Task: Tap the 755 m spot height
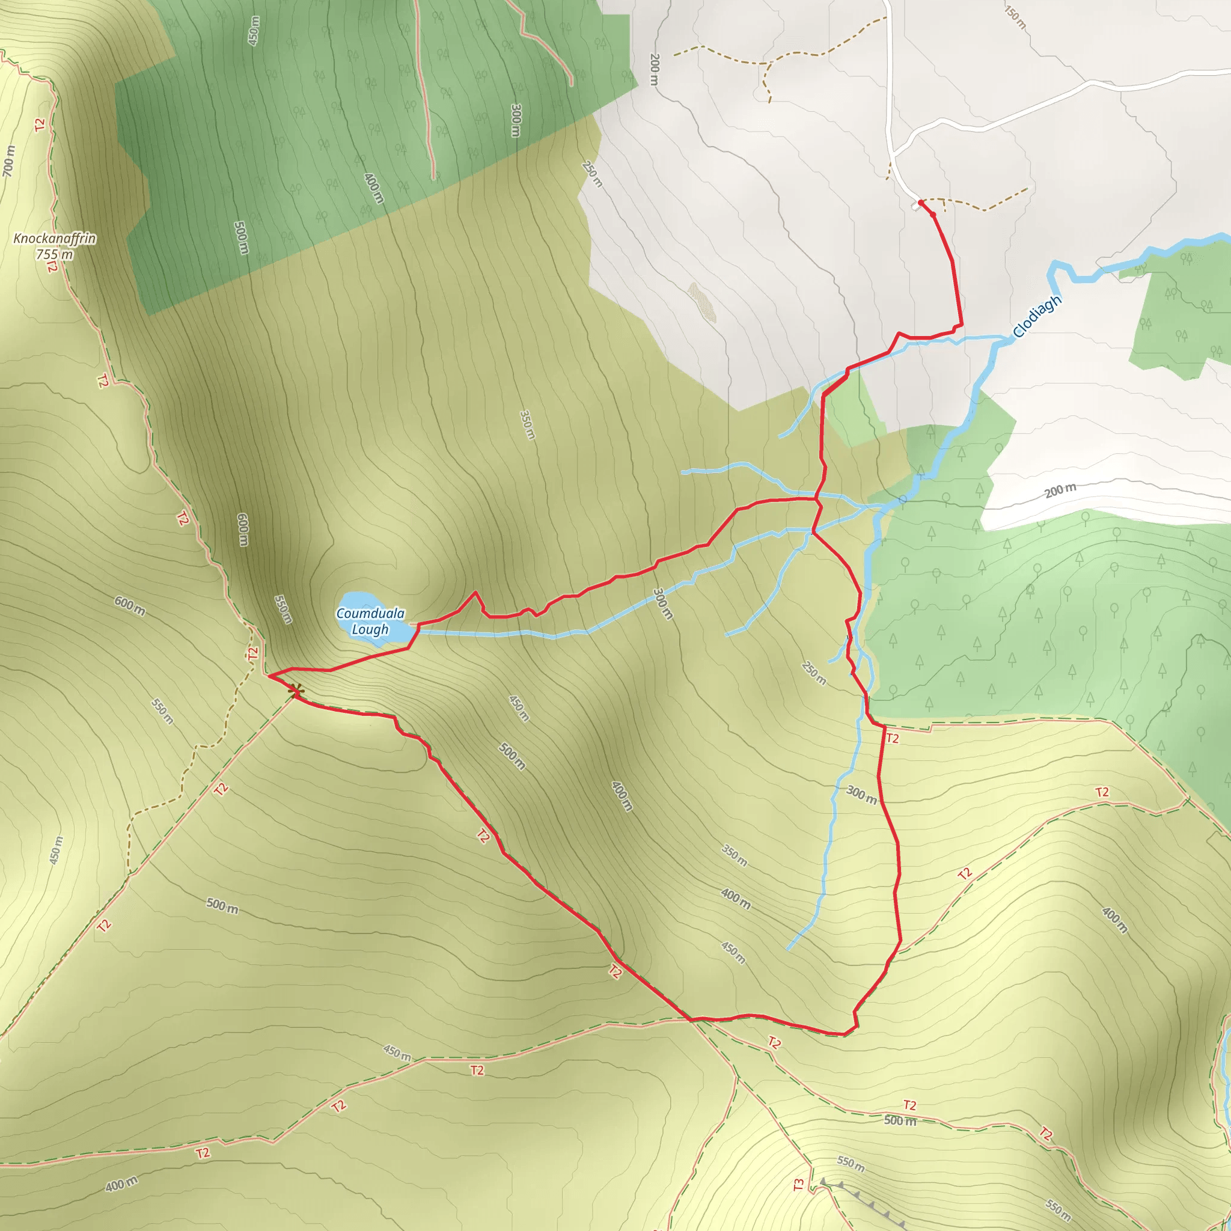pos(54,255)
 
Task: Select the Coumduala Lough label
pos(370,622)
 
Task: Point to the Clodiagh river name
pos(1037,316)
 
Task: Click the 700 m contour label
pos(8,160)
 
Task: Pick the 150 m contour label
pos(1015,17)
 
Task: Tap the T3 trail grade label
pos(799,1185)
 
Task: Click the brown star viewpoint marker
pos(295,690)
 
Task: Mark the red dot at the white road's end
pos(921,203)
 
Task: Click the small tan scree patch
pos(703,302)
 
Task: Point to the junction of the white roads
pos(894,153)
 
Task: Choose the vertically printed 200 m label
pos(655,70)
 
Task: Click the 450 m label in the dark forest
pos(254,31)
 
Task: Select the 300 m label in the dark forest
pos(516,120)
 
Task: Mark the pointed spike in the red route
pos(475,593)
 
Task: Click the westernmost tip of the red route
pos(269,676)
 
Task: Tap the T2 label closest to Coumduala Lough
pos(254,654)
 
